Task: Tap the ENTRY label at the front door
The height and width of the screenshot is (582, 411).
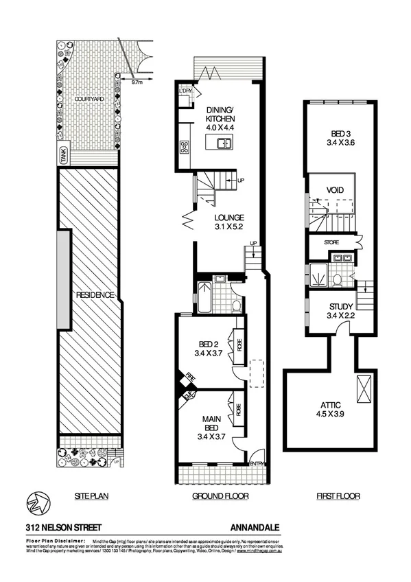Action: (x=257, y=464)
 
